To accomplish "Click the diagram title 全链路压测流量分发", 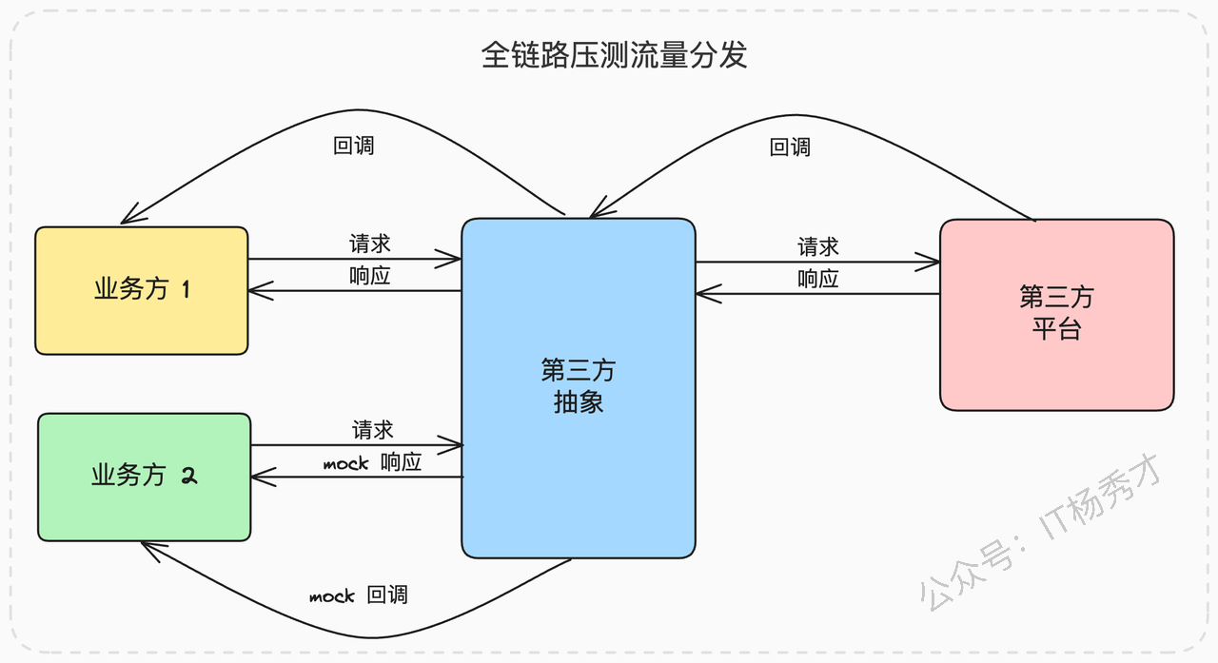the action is point(614,55).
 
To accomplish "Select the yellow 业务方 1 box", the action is point(142,291).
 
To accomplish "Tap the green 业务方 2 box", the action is point(144,478).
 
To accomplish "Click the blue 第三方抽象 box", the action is point(579,388).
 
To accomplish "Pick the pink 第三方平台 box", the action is point(1056,315).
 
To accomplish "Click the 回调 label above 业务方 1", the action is point(353,146).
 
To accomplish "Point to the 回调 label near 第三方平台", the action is point(790,147).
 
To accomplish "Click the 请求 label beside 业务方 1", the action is point(370,244).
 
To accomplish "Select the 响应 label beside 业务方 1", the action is point(370,276).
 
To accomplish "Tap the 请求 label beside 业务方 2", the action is point(372,430).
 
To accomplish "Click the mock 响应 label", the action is point(372,462).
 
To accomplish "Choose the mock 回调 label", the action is point(359,595).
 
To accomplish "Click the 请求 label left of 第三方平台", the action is point(817,246).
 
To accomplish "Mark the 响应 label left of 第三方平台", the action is point(817,279).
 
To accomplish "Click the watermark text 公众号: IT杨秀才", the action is point(1040,532).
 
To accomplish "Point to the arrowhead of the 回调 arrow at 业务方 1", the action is point(121,223).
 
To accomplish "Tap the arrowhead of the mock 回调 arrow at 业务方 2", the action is point(142,542).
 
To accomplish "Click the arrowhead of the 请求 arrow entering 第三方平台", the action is point(939,262).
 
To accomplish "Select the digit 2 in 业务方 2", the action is point(188,477).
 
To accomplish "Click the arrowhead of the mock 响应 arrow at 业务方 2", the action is point(252,478).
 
